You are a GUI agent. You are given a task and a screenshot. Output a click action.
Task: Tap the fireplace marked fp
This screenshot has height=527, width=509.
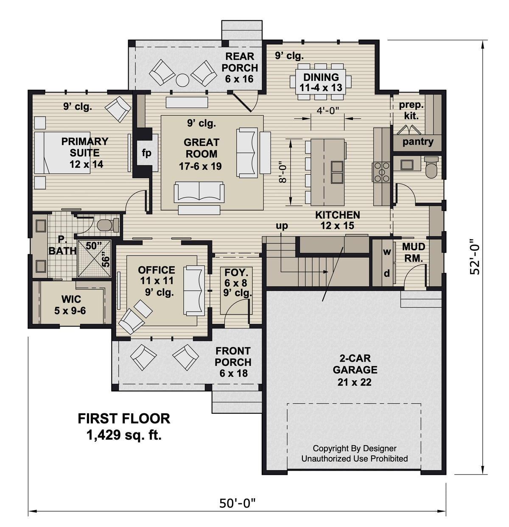pyautogui.click(x=146, y=153)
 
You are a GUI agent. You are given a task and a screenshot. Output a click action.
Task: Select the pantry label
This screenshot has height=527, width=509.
pyautogui.click(x=418, y=142)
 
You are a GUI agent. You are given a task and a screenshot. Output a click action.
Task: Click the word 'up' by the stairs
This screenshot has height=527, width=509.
pyautogui.click(x=282, y=226)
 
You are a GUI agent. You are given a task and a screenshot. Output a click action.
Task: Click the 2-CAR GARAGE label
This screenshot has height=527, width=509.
pyautogui.click(x=355, y=369)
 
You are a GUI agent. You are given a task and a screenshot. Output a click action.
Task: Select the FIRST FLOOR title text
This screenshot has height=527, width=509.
pyautogui.click(x=124, y=418)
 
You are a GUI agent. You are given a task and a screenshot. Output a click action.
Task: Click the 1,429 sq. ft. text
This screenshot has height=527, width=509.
pyautogui.click(x=124, y=435)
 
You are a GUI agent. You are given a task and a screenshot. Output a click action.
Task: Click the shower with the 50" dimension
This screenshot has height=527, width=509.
pyautogui.click(x=94, y=259)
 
